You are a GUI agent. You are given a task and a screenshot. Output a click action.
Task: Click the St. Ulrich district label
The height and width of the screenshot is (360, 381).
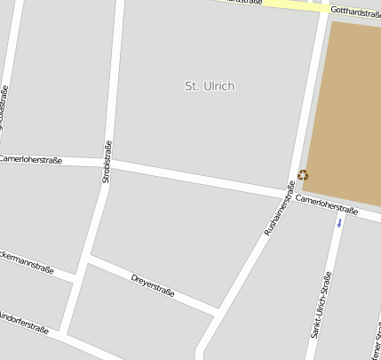pyautogui.click(x=210, y=86)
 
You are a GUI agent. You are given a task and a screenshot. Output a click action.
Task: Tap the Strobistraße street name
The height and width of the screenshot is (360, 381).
pyautogui.click(x=107, y=162)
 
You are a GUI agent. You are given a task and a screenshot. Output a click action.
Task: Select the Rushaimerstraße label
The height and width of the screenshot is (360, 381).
pyautogui.click(x=280, y=209)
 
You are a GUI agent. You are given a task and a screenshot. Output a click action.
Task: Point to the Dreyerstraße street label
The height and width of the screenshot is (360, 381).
pyautogui.click(x=153, y=286)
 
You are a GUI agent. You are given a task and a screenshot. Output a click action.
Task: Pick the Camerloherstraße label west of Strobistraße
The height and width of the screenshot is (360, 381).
pyautogui.click(x=30, y=160)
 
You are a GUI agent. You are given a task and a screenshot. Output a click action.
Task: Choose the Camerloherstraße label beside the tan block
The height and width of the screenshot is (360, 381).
pyautogui.click(x=327, y=205)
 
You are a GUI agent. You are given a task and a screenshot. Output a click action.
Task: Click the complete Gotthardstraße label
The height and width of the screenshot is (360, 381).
pyautogui.click(x=355, y=12)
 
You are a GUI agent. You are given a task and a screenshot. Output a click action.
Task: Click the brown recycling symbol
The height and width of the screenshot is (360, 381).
pyautogui.click(x=303, y=175)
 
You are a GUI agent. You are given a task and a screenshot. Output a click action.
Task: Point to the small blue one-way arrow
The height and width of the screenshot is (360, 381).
pyautogui.click(x=338, y=222)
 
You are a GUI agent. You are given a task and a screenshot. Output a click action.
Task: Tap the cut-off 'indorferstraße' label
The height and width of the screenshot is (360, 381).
pyautogui.click(x=23, y=322)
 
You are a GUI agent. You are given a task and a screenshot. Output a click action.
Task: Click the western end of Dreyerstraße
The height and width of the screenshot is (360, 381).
pyautogui.click(x=89, y=260)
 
